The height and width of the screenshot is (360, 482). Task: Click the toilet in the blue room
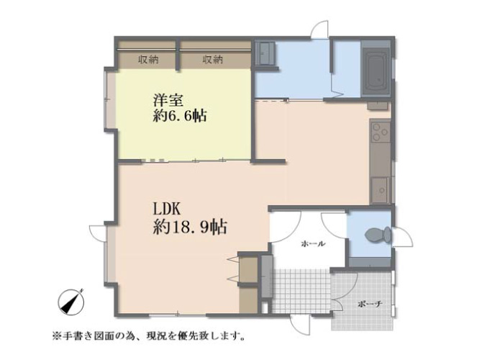tap(378, 235)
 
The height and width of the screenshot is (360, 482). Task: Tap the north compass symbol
tap(71, 302)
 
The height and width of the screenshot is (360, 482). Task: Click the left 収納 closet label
tap(148, 59)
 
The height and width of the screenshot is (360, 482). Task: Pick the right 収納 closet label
tap(213, 59)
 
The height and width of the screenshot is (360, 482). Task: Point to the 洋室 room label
tap(168, 101)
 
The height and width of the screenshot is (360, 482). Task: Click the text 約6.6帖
tap(180, 116)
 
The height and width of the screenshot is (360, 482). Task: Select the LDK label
tap(167, 210)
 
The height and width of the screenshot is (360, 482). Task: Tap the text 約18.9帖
tap(190, 228)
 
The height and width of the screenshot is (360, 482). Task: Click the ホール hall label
tap(313, 244)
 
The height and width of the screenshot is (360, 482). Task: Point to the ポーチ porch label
tap(370, 305)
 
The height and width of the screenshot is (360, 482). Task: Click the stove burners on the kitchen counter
tap(380, 132)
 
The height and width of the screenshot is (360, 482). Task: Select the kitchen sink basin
tap(381, 190)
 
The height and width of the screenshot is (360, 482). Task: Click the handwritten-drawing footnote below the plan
tap(149, 335)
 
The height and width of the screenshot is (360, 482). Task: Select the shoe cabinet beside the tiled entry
tap(266, 276)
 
